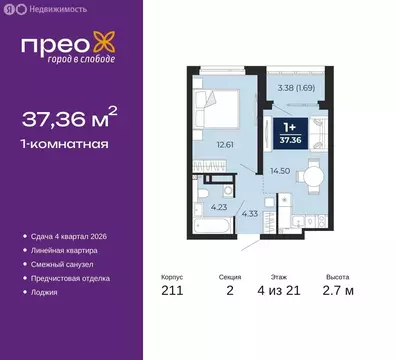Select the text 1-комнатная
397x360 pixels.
[x=65, y=146]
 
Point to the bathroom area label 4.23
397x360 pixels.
[x=218, y=208]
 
